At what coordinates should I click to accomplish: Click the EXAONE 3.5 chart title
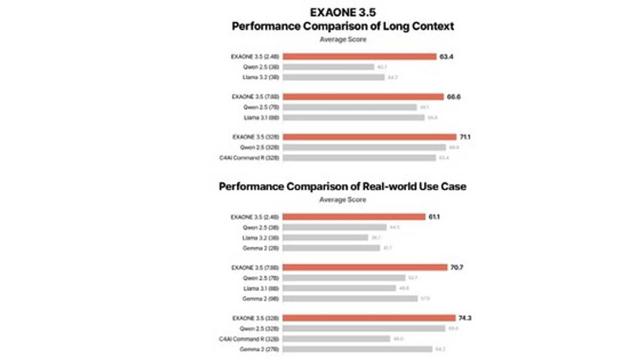click(x=343, y=12)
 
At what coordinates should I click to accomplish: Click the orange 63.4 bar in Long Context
click(x=359, y=57)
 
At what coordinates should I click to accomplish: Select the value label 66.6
click(x=453, y=97)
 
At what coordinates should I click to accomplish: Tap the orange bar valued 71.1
click(x=369, y=137)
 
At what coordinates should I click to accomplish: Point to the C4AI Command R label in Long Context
click(x=249, y=158)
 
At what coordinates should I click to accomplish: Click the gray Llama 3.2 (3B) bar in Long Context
click(x=333, y=77)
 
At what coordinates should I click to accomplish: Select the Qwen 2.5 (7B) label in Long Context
click(x=261, y=107)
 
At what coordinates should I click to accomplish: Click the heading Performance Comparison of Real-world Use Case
click(x=342, y=187)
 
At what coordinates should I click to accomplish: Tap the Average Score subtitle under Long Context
click(x=343, y=39)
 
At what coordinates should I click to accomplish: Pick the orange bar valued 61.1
click(x=354, y=217)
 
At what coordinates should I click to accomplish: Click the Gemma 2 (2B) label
click(x=260, y=248)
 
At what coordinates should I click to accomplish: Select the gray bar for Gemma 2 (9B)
click(x=350, y=299)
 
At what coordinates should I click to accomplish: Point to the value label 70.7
click(x=456, y=268)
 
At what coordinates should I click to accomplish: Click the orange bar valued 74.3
click(x=369, y=318)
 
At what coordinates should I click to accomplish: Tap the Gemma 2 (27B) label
click(x=259, y=349)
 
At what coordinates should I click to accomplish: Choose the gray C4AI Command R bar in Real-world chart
click(x=336, y=339)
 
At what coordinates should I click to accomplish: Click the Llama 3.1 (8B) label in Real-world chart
click(x=261, y=289)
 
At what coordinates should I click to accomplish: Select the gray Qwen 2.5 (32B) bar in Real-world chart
click(x=364, y=329)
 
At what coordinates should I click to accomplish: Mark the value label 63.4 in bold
click(x=446, y=57)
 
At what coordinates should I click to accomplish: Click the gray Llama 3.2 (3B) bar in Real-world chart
click(x=325, y=238)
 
